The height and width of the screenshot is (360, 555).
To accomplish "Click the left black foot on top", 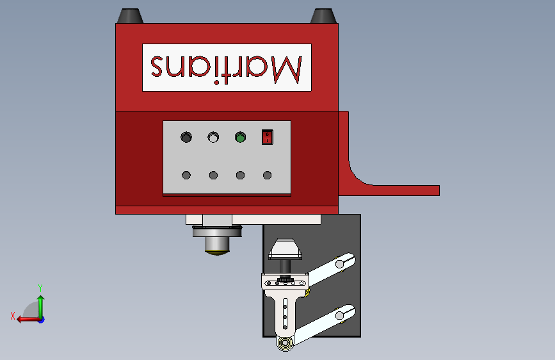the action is (130, 16).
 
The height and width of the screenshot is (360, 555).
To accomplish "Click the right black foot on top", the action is (323, 16).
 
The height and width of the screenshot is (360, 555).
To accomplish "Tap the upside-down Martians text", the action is (227, 67).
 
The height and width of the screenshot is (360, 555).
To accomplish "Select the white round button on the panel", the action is (213, 137).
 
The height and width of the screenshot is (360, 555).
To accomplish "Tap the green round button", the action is (240, 137).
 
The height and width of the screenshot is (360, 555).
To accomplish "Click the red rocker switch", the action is (267, 137).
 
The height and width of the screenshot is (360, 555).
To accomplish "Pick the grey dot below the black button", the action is (186, 175).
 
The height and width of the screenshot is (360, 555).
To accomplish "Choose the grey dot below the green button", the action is (240, 175).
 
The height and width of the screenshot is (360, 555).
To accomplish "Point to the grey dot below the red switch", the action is (267, 175).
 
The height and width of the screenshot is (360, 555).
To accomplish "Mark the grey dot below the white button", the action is (213, 175).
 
